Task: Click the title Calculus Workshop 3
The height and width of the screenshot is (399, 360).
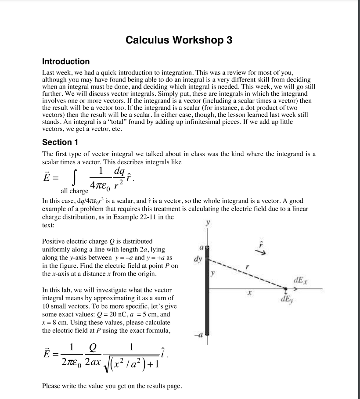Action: pos(179,40)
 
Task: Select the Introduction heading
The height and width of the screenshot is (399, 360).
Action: pos(66,61)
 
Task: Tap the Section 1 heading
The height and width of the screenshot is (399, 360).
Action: pos(57,142)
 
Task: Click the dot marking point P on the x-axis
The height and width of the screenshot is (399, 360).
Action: pos(286,289)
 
